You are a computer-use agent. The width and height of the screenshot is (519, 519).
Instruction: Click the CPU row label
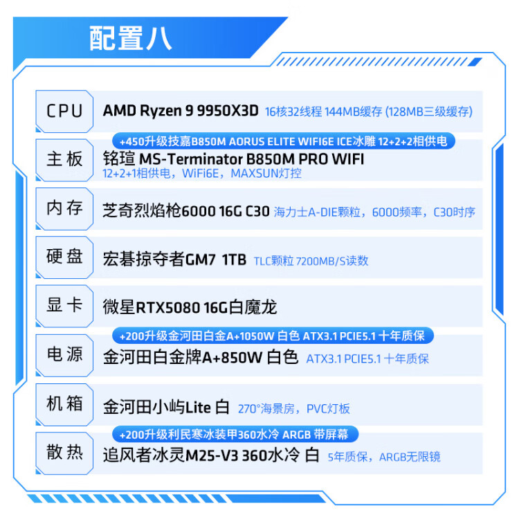(x=64, y=111)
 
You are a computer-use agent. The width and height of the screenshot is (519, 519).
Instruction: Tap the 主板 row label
(x=64, y=159)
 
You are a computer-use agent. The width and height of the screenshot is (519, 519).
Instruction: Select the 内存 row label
(x=64, y=208)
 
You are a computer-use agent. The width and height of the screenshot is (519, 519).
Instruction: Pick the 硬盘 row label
(x=64, y=257)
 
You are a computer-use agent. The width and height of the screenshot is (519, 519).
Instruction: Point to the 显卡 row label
(x=64, y=305)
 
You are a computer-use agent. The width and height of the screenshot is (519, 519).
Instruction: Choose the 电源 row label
(x=64, y=354)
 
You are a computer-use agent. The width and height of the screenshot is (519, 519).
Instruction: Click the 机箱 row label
(x=64, y=403)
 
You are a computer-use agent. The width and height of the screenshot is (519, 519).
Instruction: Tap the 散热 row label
(x=64, y=453)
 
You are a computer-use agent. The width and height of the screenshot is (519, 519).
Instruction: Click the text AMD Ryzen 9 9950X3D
(x=181, y=111)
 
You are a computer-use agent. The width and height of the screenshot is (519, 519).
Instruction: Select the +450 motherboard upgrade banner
(x=283, y=141)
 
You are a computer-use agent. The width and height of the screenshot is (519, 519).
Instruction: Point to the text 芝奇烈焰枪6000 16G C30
(x=185, y=212)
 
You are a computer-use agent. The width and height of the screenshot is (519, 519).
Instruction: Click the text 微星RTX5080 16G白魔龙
(x=190, y=306)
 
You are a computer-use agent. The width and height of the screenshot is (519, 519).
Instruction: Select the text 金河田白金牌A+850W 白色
(x=200, y=358)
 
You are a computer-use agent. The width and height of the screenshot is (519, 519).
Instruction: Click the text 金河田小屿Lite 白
(x=165, y=407)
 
